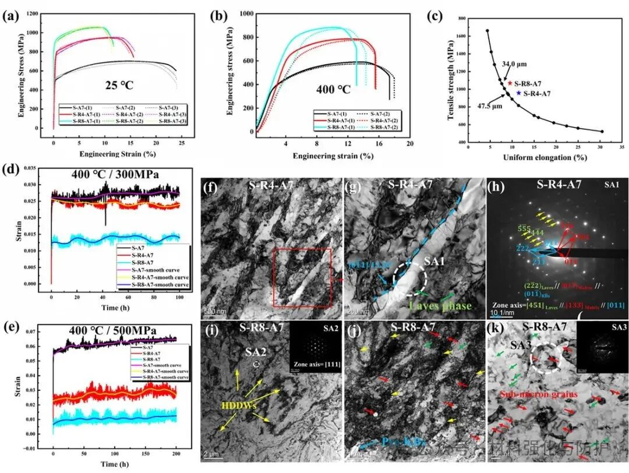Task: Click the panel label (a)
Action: click(x=10, y=16)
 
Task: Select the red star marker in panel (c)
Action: click(x=510, y=83)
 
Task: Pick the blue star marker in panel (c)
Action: click(x=518, y=93)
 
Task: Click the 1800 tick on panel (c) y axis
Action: click(x=462, y=19)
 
